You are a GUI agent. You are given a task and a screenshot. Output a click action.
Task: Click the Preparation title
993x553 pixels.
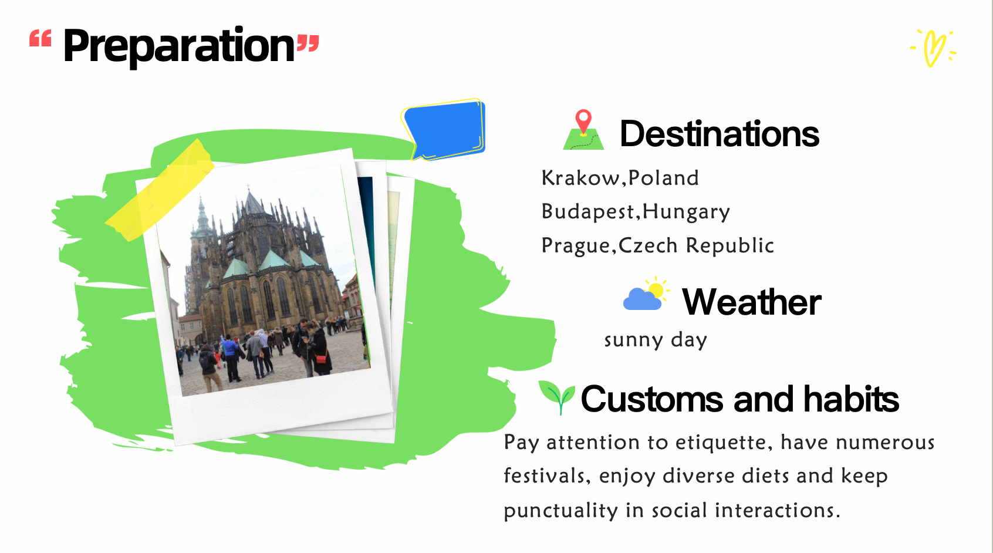pyautogui.click(x=179, y=46)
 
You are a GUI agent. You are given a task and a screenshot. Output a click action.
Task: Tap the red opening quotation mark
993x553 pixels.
pyautogui.click(x=40, y=39)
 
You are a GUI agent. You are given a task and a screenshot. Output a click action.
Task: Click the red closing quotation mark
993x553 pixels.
pyautogui.click(x=308, y=44)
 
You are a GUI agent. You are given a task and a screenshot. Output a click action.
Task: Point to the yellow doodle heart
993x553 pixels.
pyautogui.click(x=933, y=48)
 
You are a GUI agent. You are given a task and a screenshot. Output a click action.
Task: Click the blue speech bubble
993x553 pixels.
pyautogui.click(x=444, y=129)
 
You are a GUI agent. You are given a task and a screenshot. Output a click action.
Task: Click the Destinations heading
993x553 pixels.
pyautogui.click(x=719, y=134)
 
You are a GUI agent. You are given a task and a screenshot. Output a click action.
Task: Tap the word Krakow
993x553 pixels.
pyautogui.click(x=580, y=178)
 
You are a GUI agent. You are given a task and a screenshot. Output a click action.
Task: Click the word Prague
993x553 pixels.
pyautogui.click(x=576, y=246)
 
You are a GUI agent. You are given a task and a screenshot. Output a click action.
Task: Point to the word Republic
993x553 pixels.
pyautogui.click(x=729, y=245)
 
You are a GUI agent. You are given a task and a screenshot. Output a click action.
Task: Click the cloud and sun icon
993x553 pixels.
pyautogui.click(x=646, y=294)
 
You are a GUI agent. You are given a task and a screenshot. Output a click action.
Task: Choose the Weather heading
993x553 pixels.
pyautogui.click(x=751, y=302)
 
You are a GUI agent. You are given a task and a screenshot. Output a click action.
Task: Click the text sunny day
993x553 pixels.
pyautogui.click(x=656, y=340)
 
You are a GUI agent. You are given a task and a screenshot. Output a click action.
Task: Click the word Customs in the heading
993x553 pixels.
pyautogui.click(x=651, y=399)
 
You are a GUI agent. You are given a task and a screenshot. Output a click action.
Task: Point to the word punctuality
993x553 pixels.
pyautogui.click(x=560, y=511)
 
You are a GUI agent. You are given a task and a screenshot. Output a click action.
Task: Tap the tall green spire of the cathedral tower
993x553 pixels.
pyautogui.click(x=202, y=217)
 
